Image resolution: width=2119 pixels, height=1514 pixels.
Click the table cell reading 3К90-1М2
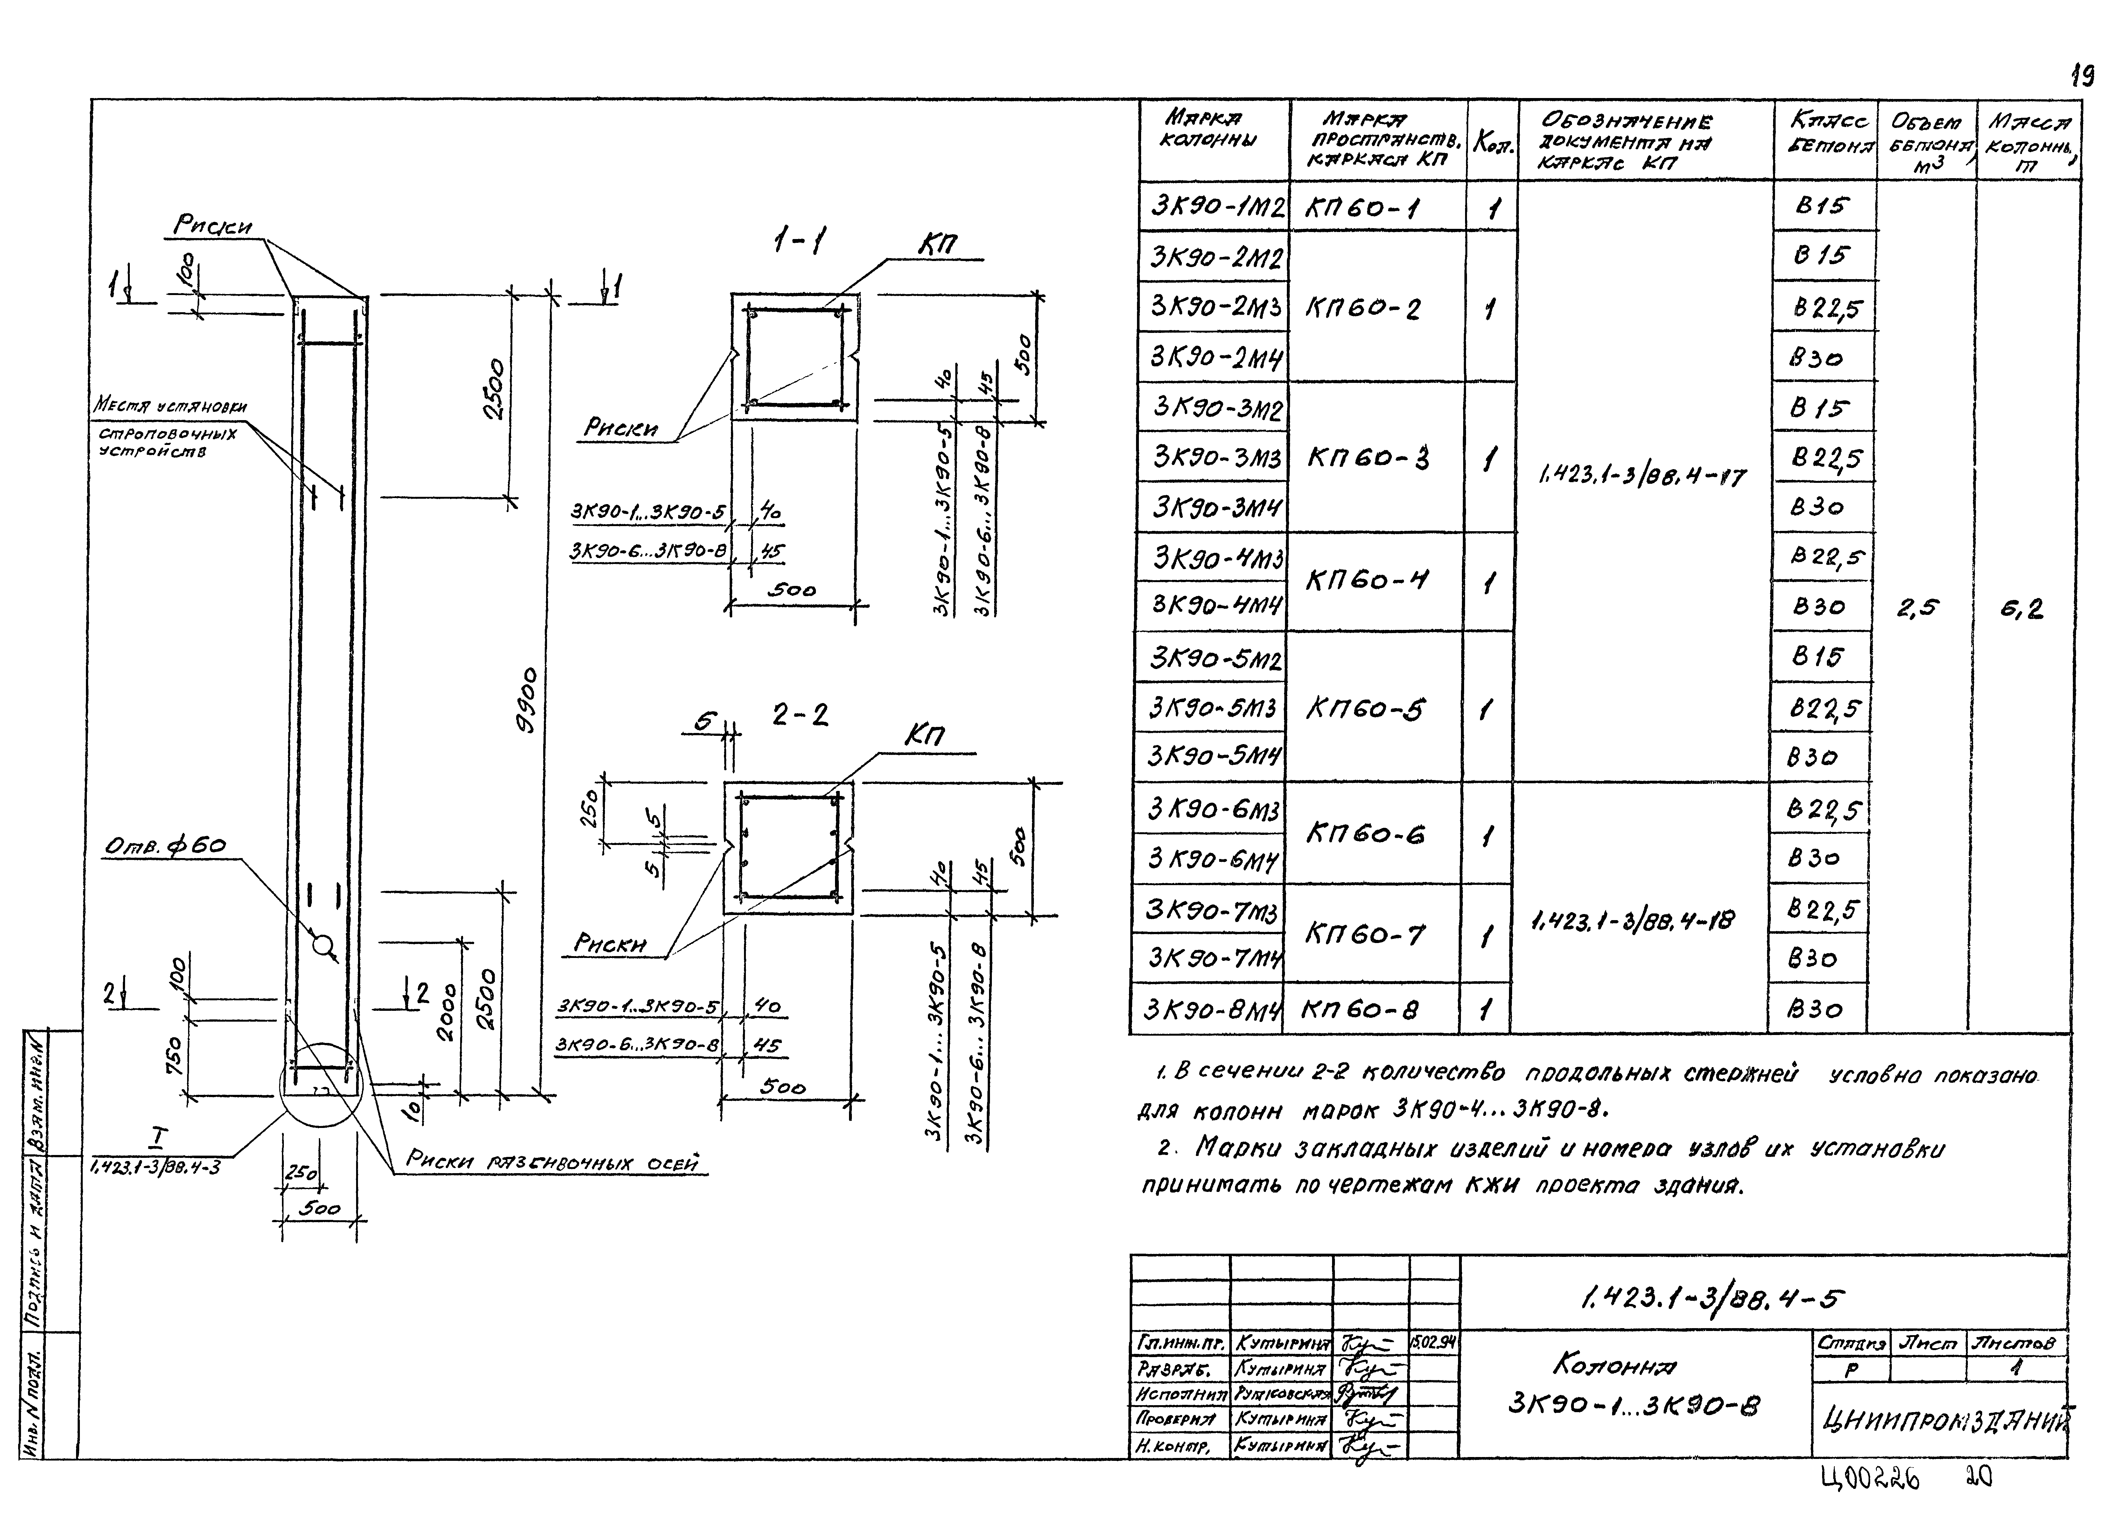pos(1213,206)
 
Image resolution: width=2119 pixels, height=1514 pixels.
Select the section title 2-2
pos(799,715)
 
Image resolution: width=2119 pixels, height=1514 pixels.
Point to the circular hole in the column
pos(323,945)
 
